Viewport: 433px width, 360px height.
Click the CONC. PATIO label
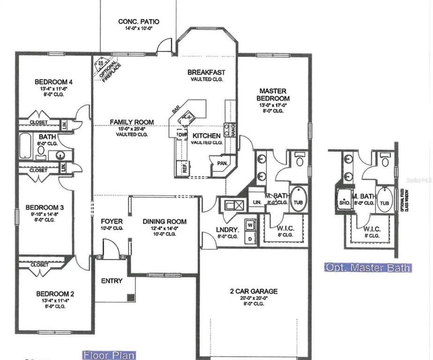pos(139,22)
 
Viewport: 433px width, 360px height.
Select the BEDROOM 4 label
pos(53,82)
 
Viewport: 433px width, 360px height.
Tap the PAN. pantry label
pos(222,163)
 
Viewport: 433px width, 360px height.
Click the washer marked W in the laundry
pos(250,224)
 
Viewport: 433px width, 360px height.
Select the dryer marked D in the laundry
pos(250,238)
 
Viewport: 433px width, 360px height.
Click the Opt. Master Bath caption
pos(368,268)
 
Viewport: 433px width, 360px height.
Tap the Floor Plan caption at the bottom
pos(109,355)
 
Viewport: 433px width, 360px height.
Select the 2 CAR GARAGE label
pos(254,291)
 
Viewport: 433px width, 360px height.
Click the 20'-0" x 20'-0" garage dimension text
pos(254,298)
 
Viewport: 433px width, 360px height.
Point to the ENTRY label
pos(112,281)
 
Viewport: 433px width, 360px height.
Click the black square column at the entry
pos(131,297)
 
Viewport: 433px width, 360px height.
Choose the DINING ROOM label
pos(164,222)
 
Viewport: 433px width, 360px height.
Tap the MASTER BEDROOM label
pos(273,95)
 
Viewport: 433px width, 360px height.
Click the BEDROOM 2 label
pos(55,294)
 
